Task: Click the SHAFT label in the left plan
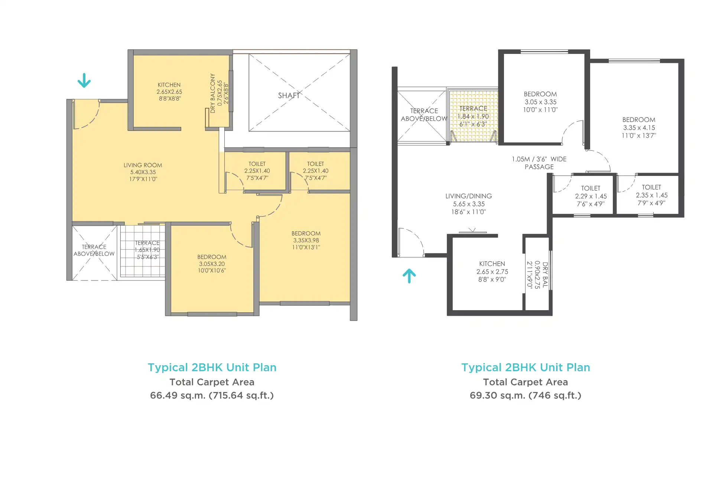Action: pyautogui.click(x=289, y=96)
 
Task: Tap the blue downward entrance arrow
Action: pyautogui.click(x=84, y=80)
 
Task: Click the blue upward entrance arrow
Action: pyautogui.click(x=409, y=276)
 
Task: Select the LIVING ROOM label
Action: pyautogui.click(x=143, y=165)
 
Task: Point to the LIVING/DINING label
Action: pyautogui.click(x=469, y=196)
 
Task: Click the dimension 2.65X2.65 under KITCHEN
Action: pyautogui.click(x=169, y=92)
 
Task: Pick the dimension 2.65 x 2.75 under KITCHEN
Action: pyautogui.click(x=492, y=272)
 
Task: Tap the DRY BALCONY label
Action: pyautogui.click(x=212, y=93)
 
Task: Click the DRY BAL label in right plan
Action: pyautogui.click(x=545, y=275)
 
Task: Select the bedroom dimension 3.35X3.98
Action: pyautogui.click(x=306, y=240)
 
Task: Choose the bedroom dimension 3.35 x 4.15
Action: pyautogui.click(x=639, y=128)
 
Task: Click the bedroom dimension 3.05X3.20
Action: pyautogui.click(x=212, y=264)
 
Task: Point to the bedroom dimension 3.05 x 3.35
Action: pyautogui.click(x=540, y=102)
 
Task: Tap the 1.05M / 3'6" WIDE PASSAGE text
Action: pyautogui.click(x=539, y=163)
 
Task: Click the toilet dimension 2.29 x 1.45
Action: pyautogui.click(x=591, y=196)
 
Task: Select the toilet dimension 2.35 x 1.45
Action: pyautogui.click(x=651, y=195)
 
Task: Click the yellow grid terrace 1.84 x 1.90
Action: pyautogui.click(x=473, y=116)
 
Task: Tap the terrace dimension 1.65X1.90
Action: pyautogui.click(x=147, y=250)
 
